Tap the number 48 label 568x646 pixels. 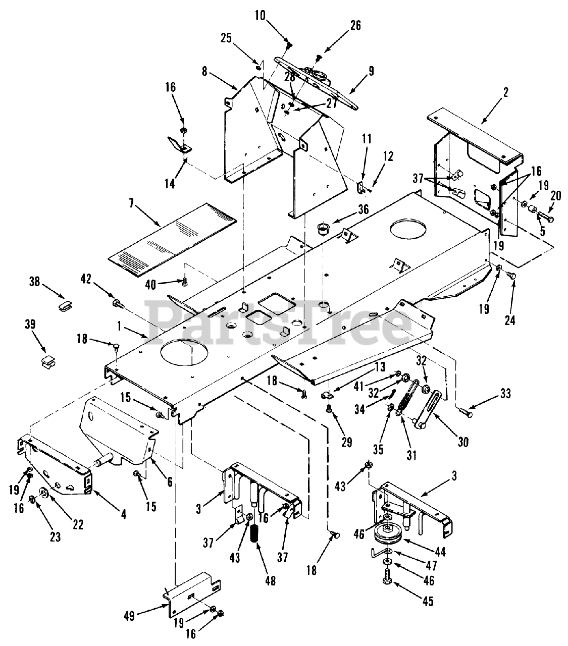click(270, 581)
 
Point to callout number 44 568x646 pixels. click(440, 552)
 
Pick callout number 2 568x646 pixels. click(506, 92)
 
